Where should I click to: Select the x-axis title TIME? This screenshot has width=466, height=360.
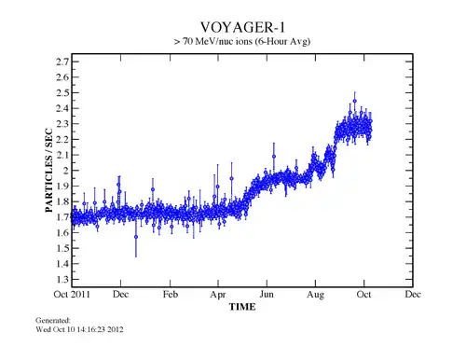tap(242, 306)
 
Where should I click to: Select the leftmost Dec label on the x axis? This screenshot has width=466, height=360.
tap(121, 295)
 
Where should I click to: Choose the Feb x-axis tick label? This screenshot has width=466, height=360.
tap(171, 295)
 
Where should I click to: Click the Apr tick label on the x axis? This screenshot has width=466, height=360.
tap(219, 295)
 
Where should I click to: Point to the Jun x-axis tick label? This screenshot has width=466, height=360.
tap(267, 295)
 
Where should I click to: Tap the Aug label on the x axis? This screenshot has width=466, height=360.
tap(316, 295)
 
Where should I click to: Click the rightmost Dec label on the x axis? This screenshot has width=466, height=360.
tap(413, 295)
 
